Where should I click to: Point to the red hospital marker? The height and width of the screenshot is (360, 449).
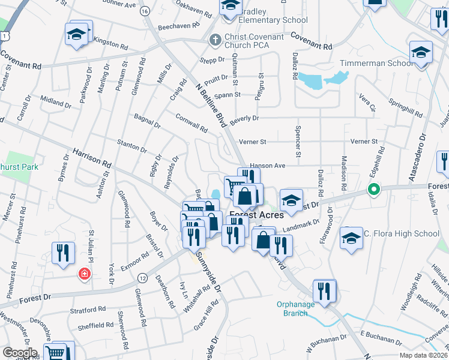click(x=85, y=274)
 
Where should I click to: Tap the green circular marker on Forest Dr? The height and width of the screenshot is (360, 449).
click(x=373, y=191)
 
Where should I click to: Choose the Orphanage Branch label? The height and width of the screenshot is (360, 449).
click(x=296, y=308)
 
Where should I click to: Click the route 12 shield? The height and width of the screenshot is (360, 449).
click(x=142, y=278)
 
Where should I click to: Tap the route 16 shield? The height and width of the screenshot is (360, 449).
click(x=145, y=11)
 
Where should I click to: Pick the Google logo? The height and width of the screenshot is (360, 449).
click(x=20, y=352)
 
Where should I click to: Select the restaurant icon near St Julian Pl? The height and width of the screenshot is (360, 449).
click(x=63, y=253)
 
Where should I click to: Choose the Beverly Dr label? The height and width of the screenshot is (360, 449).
click(x=244, y=118)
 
